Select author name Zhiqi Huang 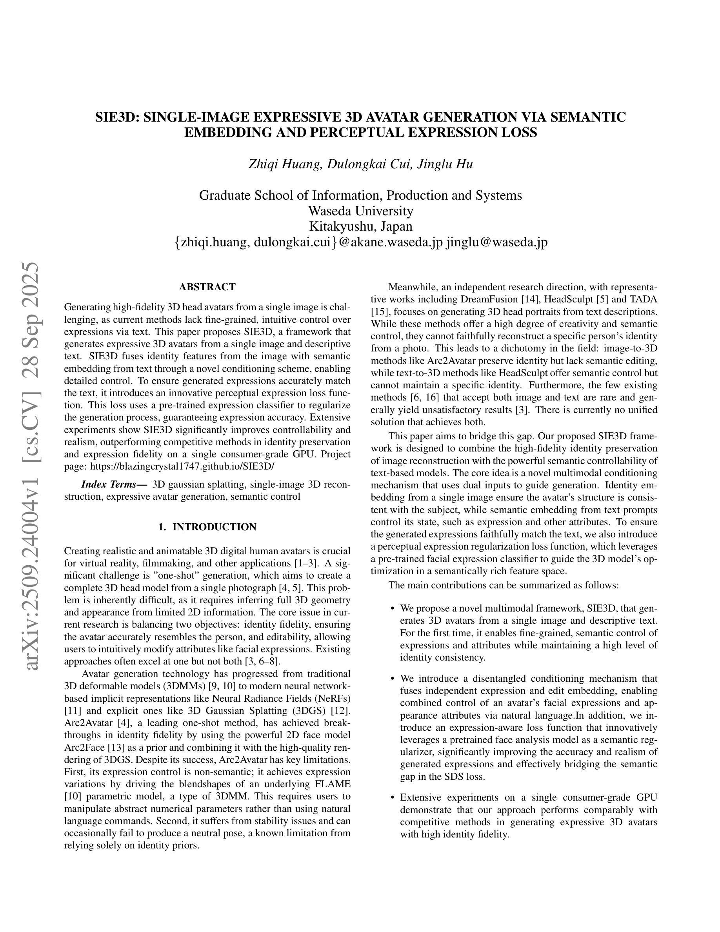coord(284,164)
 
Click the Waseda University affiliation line coord(360,211)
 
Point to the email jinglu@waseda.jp coord(496,242)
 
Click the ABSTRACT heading coord(207,287)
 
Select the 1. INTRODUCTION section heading coord(207,527)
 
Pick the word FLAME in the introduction coord(332,785)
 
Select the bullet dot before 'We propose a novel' coord(391,608)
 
